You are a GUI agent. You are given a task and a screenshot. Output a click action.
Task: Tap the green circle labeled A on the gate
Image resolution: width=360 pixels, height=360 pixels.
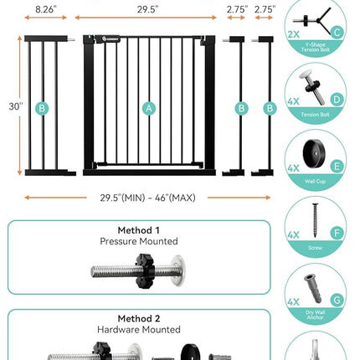[149, 107]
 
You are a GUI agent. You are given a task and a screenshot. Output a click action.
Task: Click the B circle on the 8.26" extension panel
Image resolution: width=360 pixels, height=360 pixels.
[43, 107]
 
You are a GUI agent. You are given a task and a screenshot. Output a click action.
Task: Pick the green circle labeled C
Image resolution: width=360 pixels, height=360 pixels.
[337, 33]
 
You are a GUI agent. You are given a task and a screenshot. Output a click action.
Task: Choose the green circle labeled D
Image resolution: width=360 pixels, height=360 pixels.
[337, 100]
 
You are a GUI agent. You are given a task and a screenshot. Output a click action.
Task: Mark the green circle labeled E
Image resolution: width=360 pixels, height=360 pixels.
[337, 166]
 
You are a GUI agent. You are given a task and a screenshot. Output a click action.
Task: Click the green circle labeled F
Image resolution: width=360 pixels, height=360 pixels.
[337, 233]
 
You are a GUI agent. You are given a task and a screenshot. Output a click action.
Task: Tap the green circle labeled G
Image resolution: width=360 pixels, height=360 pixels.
[337, 298]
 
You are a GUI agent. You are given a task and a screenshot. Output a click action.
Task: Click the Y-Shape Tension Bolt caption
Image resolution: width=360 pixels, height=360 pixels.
[316, 50]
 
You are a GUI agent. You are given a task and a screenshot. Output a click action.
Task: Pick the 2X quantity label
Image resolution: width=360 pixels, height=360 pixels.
[293, 33]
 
